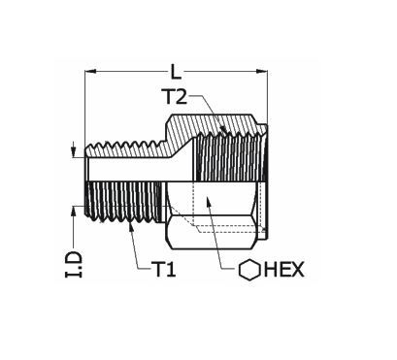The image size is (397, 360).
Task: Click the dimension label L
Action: [x=176, y=72]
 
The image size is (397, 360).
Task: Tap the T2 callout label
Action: [x=176, y=96]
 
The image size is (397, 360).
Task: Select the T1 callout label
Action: [x=164, y=269]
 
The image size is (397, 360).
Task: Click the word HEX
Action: [x=284, y=269]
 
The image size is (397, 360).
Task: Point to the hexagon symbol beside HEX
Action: [x=249, y=270]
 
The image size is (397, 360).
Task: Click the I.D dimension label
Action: [x=74, y=264]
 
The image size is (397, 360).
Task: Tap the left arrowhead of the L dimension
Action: [x=91, y=72]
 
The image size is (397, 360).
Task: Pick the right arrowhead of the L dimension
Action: [x=261, y=72]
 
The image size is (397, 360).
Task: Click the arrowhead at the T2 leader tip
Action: [x=223, y=129]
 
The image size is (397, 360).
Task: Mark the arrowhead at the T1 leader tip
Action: [x=131, y=226]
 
